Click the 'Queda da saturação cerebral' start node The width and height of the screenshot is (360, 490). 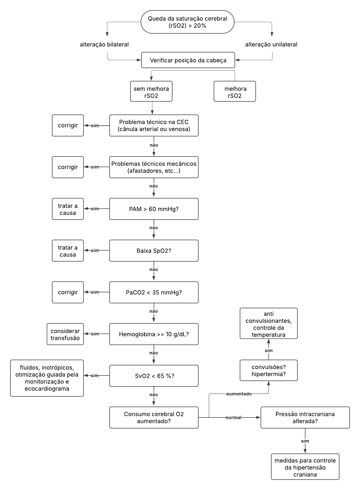pos(188,22)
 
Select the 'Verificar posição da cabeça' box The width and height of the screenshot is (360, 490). pos(188,60)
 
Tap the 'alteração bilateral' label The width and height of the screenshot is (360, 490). pos(104,45)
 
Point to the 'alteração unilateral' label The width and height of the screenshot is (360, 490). pos(271,45)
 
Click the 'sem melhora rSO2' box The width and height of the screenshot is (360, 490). pos(151,91)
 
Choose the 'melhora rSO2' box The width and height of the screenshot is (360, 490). pos(235,91)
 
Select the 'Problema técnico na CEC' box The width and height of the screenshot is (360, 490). pos(154,125)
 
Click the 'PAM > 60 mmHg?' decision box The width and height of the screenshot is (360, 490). pos(154,209)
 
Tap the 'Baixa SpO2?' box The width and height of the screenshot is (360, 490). pos(154,251)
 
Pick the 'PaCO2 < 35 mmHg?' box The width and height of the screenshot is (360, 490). pos(154,292)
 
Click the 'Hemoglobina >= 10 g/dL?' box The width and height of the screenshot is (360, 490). pos(154,334)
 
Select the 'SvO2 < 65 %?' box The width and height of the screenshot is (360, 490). pos(154,376)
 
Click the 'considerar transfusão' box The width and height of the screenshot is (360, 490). pos(65,334)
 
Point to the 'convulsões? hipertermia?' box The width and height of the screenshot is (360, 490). pos(269,370)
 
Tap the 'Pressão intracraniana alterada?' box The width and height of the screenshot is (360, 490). pos(305,418)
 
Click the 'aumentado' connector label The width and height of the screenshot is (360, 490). pos(239,394)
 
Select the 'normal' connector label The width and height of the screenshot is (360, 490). pos(233,418)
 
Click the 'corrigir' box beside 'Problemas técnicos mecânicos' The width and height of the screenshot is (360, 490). pos(68,167)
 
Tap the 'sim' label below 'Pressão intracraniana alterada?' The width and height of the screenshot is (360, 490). pos(305,441)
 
